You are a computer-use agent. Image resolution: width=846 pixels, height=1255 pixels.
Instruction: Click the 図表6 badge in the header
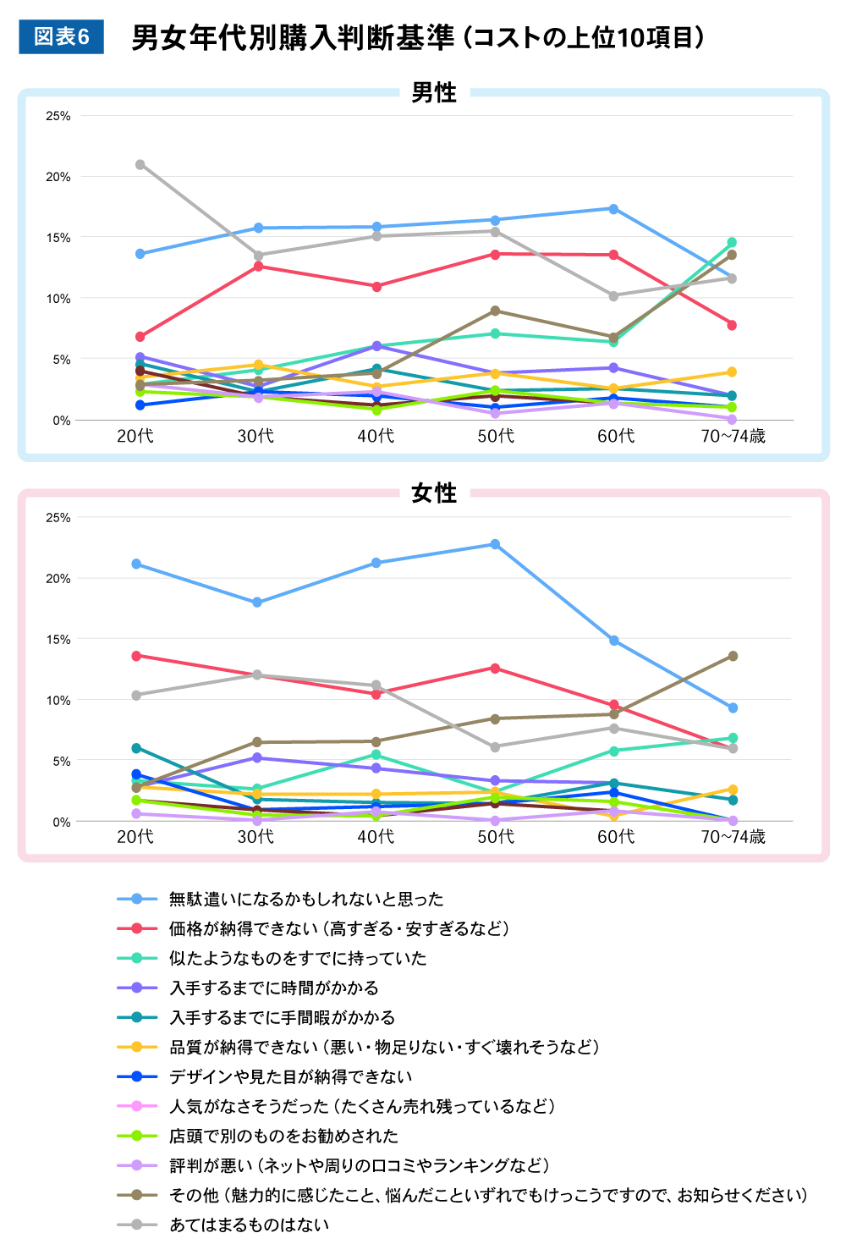61,37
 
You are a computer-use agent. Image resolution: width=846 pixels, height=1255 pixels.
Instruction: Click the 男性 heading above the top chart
433,92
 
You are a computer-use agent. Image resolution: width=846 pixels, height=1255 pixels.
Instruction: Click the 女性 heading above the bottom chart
433,493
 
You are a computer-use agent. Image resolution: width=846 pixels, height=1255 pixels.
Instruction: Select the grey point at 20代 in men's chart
140,164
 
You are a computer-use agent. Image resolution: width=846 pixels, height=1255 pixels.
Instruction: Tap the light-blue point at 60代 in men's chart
613,209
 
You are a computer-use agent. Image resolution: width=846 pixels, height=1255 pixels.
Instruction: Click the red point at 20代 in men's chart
140,337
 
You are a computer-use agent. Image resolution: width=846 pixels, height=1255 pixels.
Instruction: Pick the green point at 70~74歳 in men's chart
732,243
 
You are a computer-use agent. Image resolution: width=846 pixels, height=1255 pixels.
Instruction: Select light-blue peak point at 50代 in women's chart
495,544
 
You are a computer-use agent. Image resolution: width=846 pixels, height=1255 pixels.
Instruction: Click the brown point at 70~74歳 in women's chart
733,656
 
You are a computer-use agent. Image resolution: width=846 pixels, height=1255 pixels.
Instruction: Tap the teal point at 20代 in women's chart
136,748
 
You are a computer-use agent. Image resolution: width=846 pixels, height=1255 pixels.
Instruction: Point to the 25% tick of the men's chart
58,116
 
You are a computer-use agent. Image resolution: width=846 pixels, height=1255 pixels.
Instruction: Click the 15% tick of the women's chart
58,640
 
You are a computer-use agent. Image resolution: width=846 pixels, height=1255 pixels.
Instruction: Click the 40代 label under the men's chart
376,436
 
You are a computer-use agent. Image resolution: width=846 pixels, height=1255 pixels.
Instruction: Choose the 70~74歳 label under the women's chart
733,837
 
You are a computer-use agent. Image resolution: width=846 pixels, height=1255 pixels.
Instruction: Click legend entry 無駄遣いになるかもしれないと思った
305,899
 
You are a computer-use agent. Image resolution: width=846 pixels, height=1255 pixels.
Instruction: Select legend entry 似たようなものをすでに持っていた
297,958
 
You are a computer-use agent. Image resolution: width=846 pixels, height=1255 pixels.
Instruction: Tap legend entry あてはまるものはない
249,1225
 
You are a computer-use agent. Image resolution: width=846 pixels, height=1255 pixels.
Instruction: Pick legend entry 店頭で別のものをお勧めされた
283,1136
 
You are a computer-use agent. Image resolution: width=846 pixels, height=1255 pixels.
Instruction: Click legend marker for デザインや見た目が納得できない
138,1076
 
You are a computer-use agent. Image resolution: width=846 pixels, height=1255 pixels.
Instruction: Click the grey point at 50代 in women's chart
495,747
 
